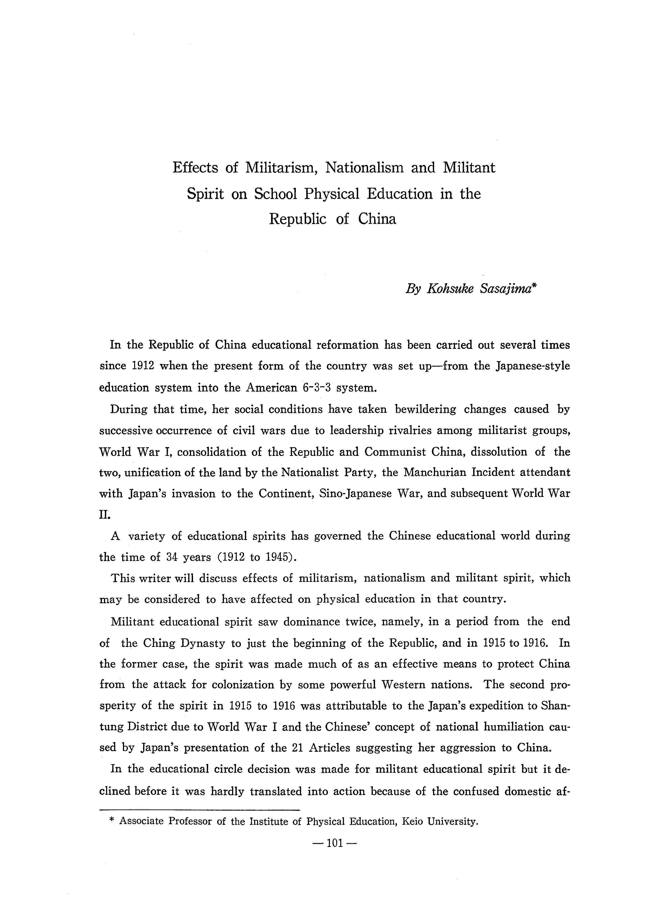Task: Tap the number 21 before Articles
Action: [298, 748]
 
